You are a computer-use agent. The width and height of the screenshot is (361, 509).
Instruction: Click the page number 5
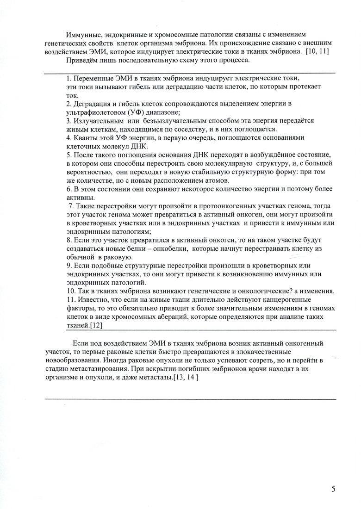(334, 490)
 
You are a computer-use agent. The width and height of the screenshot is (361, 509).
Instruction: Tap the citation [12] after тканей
(95, 325)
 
